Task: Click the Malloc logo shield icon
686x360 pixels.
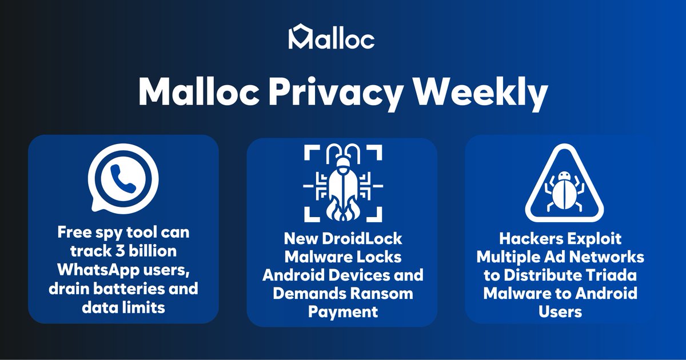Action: click(x=298, y=37)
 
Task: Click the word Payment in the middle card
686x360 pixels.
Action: click(x=343, y=312)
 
